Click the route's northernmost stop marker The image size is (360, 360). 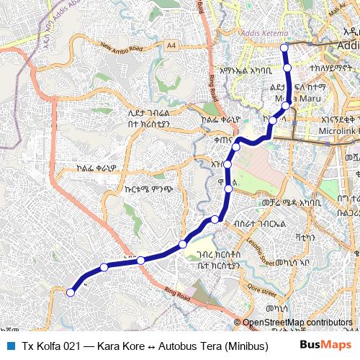tap(284, 48)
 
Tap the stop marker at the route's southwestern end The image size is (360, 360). tap(71, 292)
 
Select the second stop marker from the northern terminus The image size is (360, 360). tap(287, 68)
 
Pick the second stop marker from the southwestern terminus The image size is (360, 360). tap(104, 267)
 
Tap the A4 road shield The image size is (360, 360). tap(171, 45)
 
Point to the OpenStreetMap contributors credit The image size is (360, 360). tap(297, 323)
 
